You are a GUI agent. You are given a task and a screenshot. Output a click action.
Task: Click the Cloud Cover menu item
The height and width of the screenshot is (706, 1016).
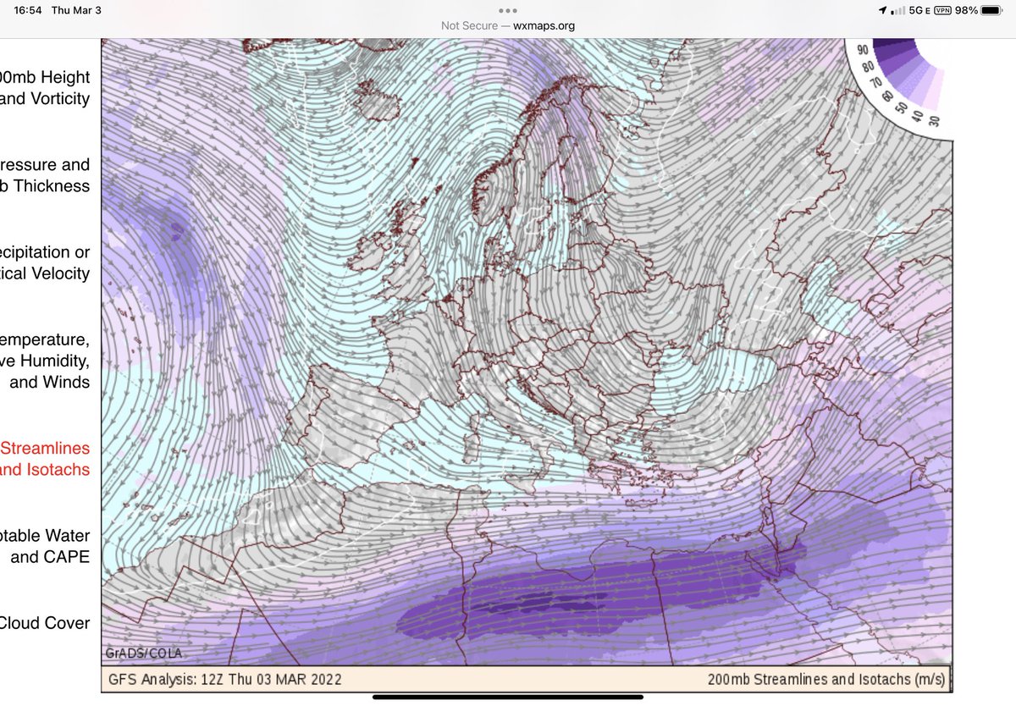44,623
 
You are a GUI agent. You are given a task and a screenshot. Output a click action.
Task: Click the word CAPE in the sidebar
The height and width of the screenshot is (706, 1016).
69,557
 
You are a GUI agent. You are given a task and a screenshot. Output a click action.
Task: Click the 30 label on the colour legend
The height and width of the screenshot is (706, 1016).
933,119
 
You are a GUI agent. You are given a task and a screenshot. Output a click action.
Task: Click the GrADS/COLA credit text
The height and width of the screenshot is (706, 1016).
144,654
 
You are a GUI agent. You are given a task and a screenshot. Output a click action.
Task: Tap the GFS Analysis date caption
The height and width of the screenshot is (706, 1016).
225,680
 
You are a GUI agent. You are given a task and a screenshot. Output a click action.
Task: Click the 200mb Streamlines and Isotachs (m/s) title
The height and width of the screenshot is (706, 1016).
825,680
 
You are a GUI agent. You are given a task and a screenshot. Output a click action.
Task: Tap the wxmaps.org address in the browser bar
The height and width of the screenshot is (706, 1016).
544,25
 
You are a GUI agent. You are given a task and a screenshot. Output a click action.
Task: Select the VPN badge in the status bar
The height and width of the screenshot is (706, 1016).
938,10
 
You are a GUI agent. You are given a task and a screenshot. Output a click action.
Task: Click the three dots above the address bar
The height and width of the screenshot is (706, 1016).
508,11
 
